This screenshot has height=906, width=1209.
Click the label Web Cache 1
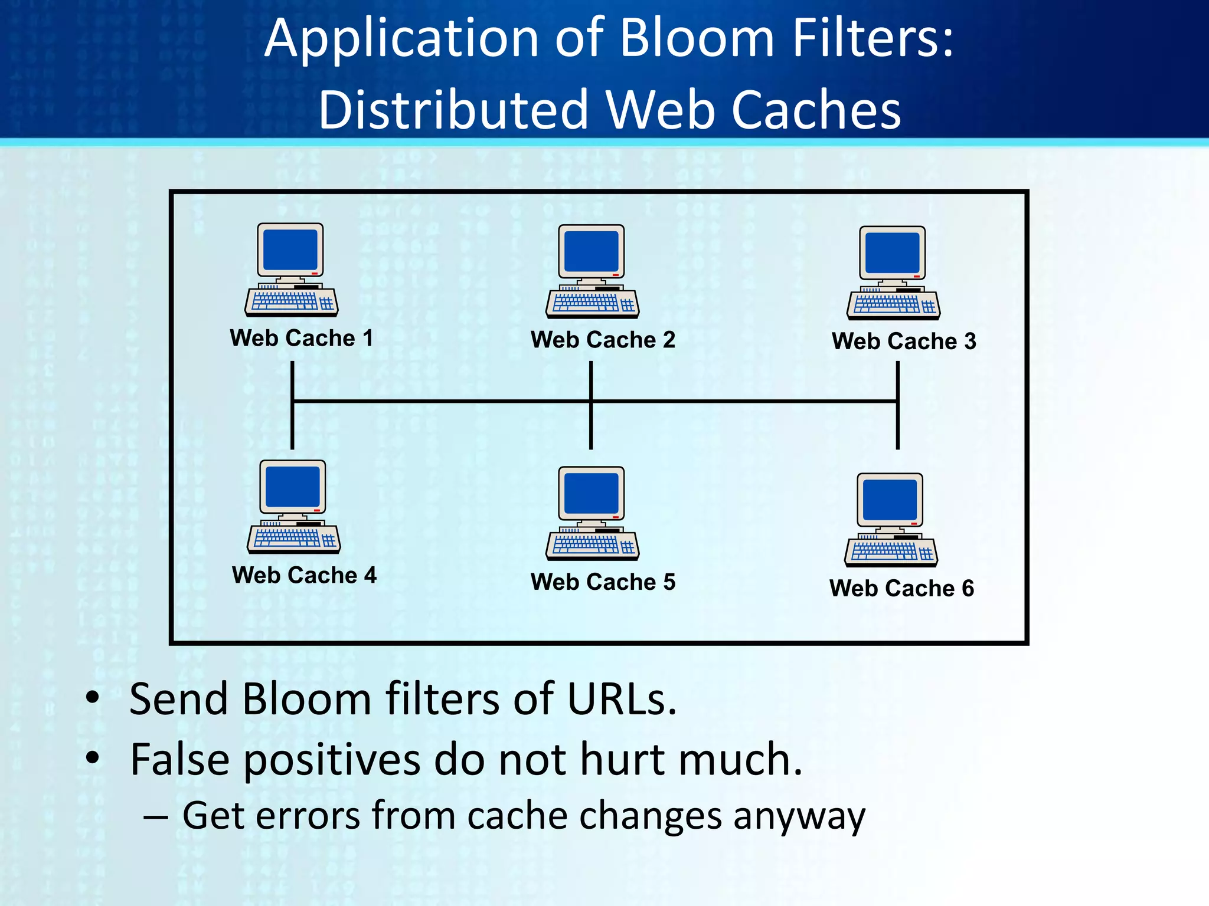click(302, 339)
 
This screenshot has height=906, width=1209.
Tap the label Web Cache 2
click(603, 340)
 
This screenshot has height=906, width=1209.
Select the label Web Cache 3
click(904, 342)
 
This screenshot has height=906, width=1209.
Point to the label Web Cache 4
click(304, 575)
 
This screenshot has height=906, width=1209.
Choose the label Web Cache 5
click(603, 582)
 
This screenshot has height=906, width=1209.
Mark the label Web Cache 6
click(901, 589)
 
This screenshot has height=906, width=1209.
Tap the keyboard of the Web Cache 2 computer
click(592, 304)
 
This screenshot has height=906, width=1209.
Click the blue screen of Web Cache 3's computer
click(892, 253)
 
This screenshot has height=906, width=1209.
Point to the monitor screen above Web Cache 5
click(592, 493)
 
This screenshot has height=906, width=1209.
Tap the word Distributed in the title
click(453, 110)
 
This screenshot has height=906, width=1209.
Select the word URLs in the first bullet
click(621, 700)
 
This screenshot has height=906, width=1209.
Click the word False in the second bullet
click(179, 760)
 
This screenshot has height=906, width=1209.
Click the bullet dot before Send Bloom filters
click(92, 698)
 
